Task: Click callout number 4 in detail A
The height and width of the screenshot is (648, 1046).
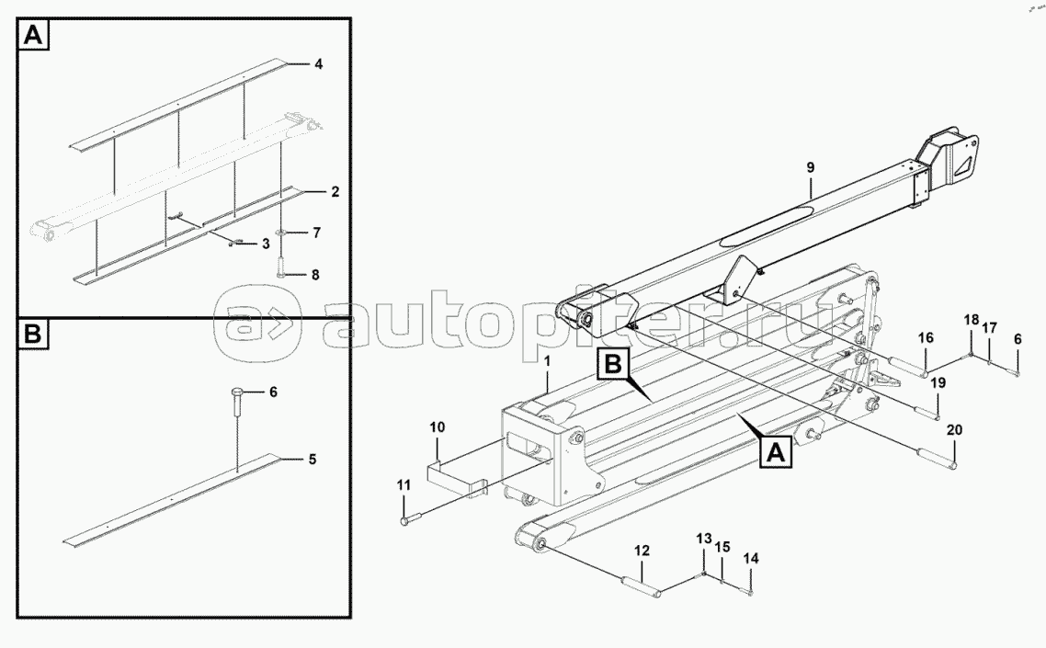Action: click(x=318, y=64)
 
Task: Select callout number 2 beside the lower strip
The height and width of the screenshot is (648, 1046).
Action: click(x=335, y=191)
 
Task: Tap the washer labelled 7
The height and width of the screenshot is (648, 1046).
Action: click(x=282, y=232)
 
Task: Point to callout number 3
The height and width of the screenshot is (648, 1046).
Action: click(x=266, y=244)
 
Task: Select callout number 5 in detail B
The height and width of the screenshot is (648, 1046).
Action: click(x=312, y=460)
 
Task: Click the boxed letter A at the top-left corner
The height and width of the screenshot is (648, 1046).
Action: click(x=33, y=34)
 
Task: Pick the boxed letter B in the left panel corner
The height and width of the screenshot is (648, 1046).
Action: click(x=33, y=333)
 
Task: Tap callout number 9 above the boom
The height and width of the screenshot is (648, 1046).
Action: click(x=811, y=167)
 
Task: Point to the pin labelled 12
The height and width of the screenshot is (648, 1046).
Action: click(x=642, y=583)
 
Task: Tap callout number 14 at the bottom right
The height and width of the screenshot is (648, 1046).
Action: click(x=751, y=559)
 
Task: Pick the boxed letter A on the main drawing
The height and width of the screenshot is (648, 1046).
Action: click(x=775, y=452)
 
